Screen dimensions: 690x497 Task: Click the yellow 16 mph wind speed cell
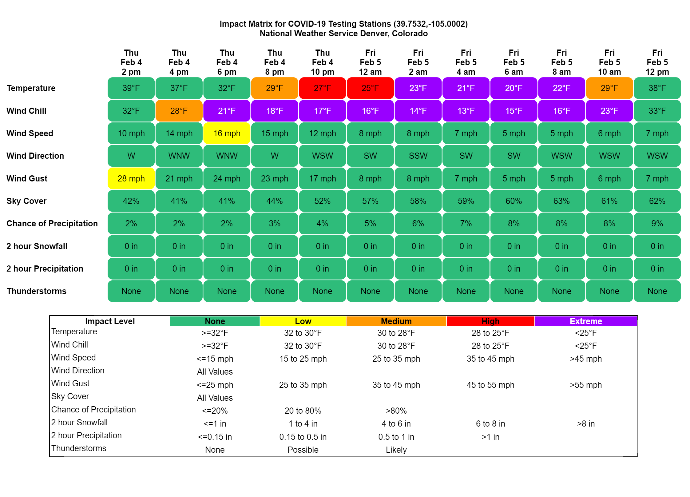[x=227, y=133]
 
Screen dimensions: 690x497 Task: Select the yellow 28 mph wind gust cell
[x=131, y=178]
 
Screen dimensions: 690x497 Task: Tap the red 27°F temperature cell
[x=322, y=88]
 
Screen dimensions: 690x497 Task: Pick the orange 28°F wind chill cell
[x=179, y=111]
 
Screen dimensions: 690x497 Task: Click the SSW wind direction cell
[x=418, y=156]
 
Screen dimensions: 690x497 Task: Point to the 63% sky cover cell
[x=561, y=201]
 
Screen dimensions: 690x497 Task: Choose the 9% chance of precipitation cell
[x=657, y=224]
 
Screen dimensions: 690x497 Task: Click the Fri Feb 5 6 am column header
[x=514, y=62]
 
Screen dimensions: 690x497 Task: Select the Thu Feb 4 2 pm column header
[x=131, y=62]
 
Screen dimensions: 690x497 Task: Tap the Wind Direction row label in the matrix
[x=35, y=156]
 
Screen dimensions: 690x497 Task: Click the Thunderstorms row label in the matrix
[x=37, y=291]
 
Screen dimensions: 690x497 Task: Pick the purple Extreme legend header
[x=586, y=321]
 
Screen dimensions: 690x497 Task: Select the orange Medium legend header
[x=396, y=321]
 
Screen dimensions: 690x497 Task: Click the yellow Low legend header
[x=303, y=321]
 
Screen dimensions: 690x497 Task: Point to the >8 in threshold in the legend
[x=586, y=424]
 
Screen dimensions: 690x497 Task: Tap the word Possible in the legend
[x=303, y=450]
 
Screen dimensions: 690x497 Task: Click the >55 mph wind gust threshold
[x=586, y=385]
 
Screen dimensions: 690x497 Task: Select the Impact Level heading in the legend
[x=110, y=321]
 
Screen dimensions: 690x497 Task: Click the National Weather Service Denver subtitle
[x=344, y=34]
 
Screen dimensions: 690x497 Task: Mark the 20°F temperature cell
[x=514, y=88]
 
